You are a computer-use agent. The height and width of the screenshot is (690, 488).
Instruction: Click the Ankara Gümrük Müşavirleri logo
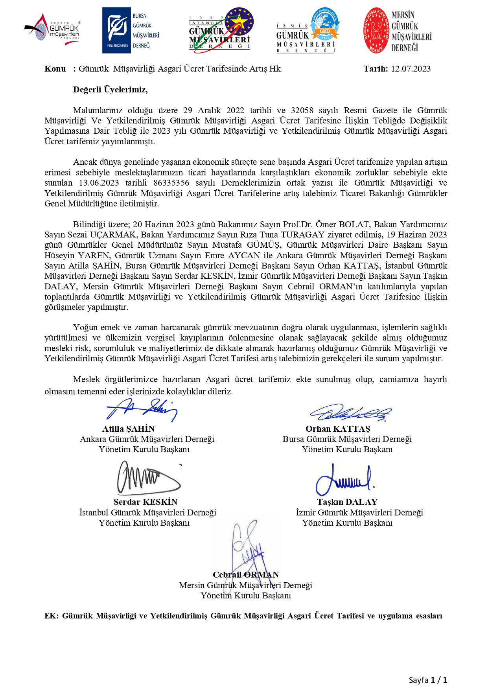tap(53, 29)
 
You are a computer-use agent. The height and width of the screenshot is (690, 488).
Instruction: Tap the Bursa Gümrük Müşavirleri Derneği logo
tap(131, 30)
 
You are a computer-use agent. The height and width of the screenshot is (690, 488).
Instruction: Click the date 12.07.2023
tap(411, 69)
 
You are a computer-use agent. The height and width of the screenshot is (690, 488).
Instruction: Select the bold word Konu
tap(55, 69)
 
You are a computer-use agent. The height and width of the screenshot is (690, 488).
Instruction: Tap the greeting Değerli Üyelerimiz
tap(110, 90)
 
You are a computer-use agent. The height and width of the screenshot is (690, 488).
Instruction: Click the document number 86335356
tap(171, 183)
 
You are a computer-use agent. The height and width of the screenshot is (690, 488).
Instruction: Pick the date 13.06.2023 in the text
tap(99, 183)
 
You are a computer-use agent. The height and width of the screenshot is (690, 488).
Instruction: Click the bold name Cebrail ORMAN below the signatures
tap(245, 575)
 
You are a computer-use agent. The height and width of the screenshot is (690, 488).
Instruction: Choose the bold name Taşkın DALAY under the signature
tap(347, 502)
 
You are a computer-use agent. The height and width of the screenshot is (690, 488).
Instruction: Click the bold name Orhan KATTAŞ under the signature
tap(338, 429)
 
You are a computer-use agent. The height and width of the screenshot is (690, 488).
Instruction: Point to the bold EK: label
tap(52, 616)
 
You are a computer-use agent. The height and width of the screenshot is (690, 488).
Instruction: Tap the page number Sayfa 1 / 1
tap(428, 680)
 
